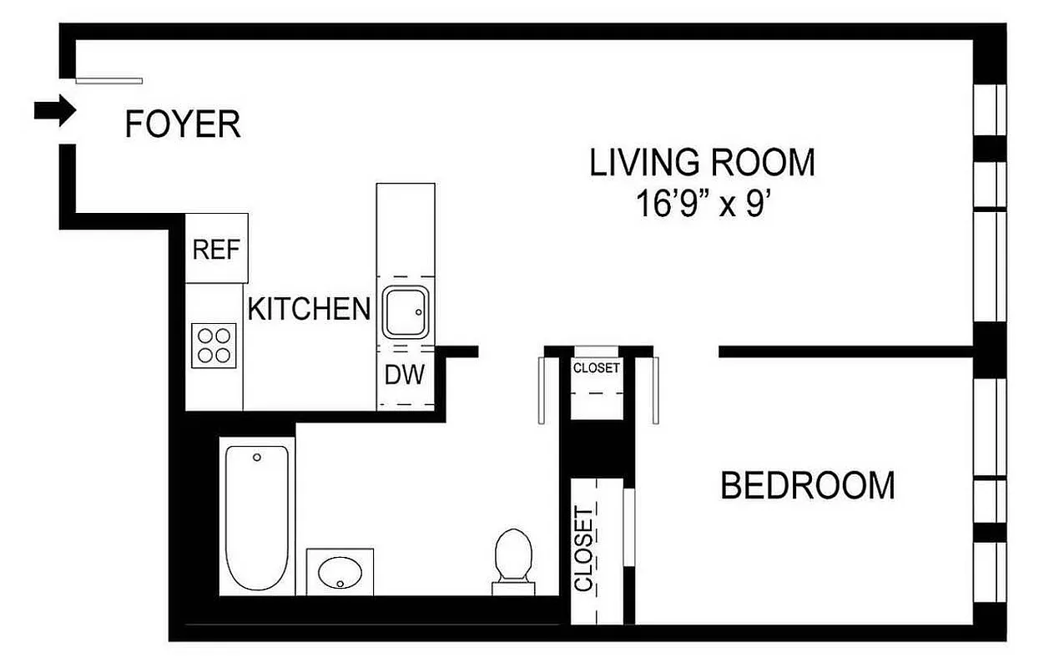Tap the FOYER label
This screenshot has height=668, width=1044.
tap(183, 124)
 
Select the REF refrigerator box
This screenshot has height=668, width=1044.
tap(217, 250)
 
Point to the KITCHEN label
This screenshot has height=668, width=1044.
tap(309, 309)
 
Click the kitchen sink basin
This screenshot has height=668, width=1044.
tap(406, 314)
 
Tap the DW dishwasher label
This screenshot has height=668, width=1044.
tap(405, 376)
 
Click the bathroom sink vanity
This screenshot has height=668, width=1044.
tap(340, 571)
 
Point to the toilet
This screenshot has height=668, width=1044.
tap(513, 558)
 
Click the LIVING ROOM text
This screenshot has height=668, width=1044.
tap(702, 163)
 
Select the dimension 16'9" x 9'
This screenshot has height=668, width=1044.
tap(702, 204)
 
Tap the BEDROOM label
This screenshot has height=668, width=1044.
tap(807, 485)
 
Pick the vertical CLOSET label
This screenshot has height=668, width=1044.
tap(584, 549)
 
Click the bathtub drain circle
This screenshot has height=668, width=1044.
tap(257, 458)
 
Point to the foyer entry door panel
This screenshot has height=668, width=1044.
tap(109, 81)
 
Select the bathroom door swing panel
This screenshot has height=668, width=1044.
tap(540, 390)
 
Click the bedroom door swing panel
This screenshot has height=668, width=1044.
tap(656, 390)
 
